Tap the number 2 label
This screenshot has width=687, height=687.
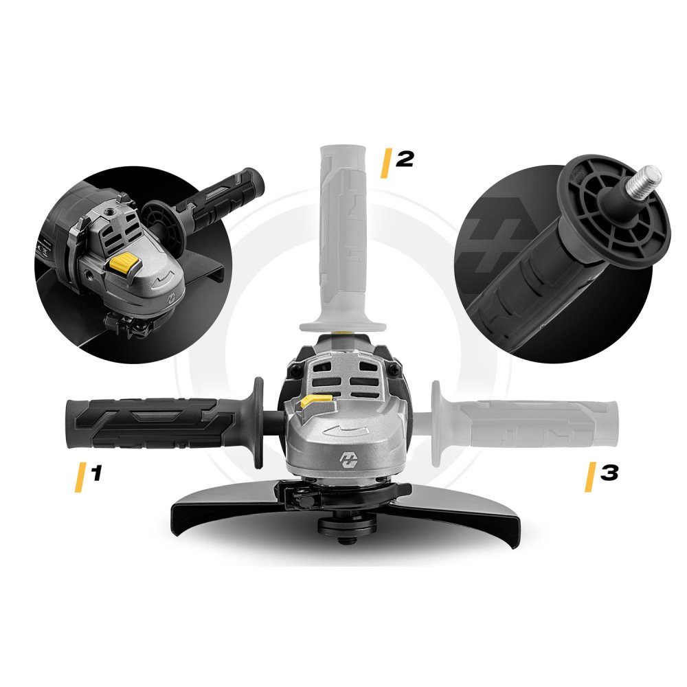pyautogui.click(x=405, y=159)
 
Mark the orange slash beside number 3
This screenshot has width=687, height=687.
pyautogui.click(x=590, y=477)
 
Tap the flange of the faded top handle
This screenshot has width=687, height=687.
pyautogui.click(x=342, y=320)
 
